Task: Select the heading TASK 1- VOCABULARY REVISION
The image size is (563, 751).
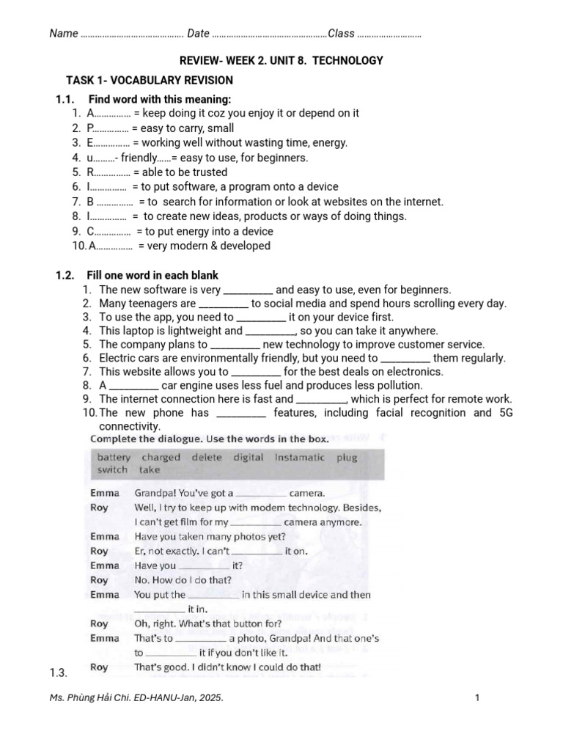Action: (150, 80)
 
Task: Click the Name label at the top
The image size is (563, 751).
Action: (64, 33)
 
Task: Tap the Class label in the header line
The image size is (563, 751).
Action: (342, 33)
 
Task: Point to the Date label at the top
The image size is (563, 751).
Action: (198, 33)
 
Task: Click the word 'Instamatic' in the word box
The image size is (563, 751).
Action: (299, 457)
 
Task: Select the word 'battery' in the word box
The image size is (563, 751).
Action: (114, 457)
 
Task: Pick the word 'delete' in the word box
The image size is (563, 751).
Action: (206, 457)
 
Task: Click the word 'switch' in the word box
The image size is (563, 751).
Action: (112, 470)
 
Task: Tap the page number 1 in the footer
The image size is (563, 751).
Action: (476, 698)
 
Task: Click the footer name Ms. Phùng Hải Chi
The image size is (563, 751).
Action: (89, 698)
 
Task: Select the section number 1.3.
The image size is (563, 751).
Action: (59, 673)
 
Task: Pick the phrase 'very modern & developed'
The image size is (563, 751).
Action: (204, 246)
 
